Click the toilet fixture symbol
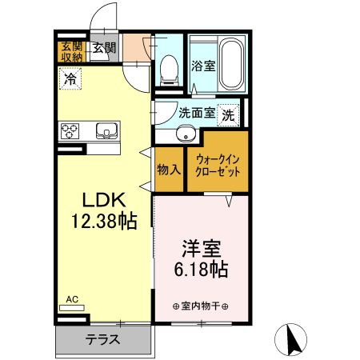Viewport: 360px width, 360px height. (169, 70)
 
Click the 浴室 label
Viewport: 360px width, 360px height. (202, 66)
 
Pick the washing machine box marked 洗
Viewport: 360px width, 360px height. (229, 114)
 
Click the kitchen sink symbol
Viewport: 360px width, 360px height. (106, 130)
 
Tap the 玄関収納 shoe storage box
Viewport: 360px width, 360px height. (70, 50)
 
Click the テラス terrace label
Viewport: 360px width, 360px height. (102, 338)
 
